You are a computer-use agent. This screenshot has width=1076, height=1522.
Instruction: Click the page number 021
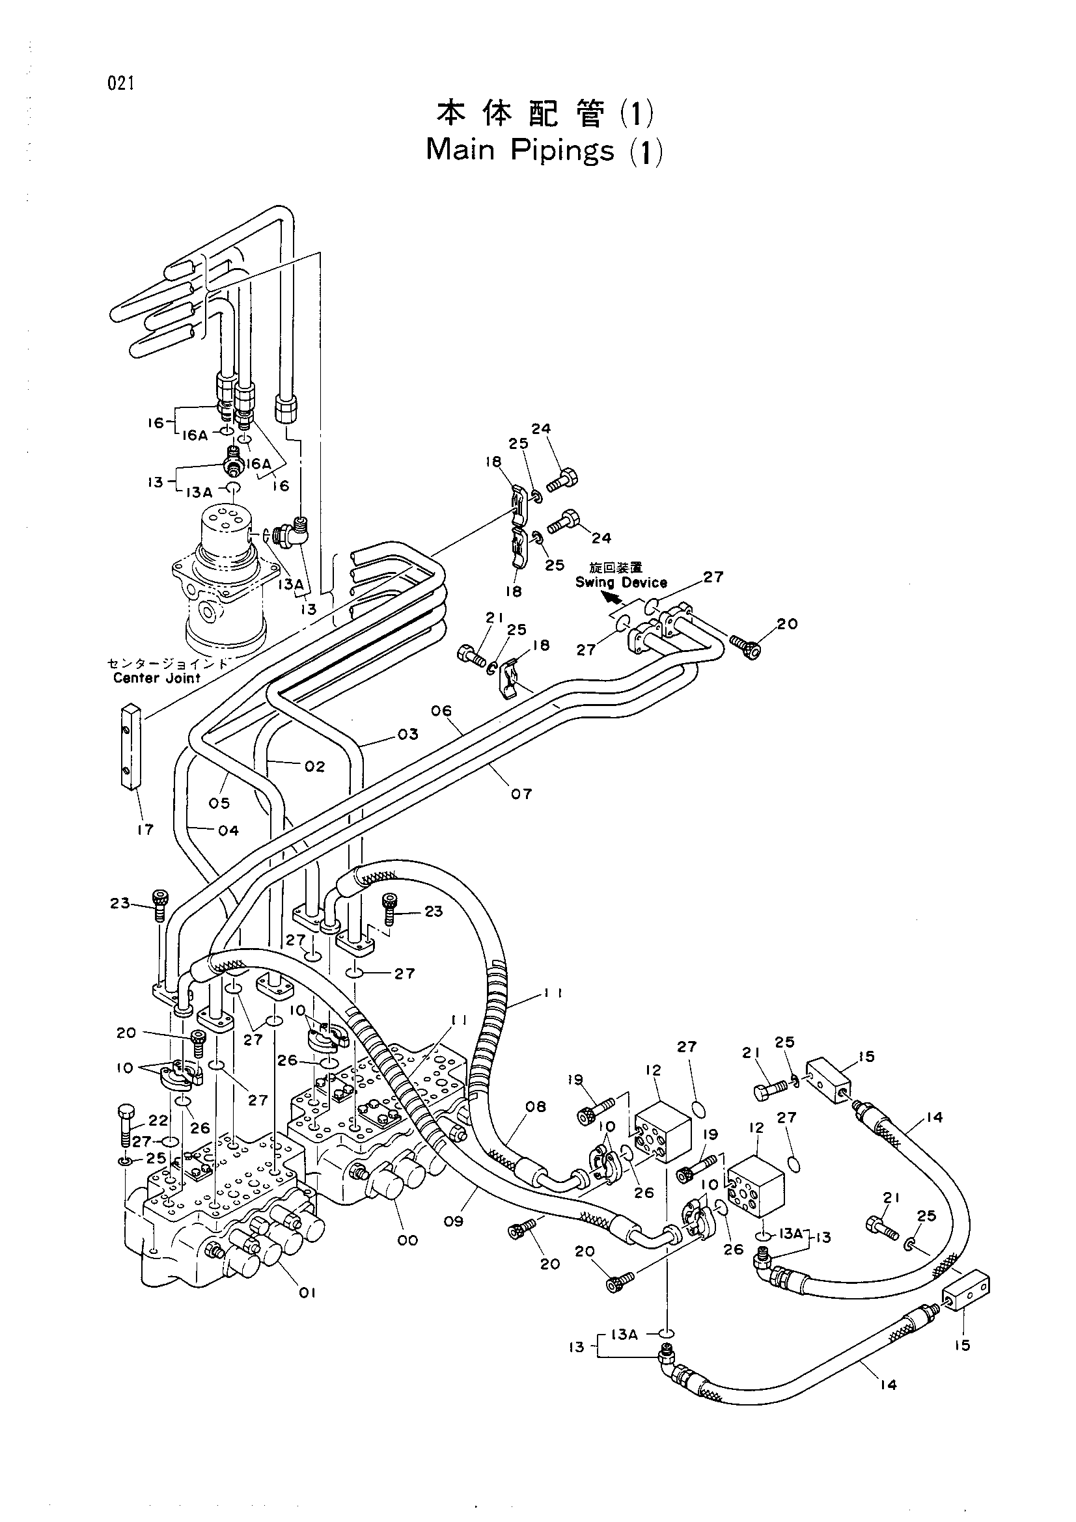tap(119, 83)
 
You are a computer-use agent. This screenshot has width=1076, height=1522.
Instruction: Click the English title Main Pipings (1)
tap(544, 151)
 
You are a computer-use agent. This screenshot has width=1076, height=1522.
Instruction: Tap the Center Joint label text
tap(156, 677)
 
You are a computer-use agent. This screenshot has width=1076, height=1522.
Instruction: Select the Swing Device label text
tap(620, 582)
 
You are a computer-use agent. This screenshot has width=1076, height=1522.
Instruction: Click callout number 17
tap(145, 829)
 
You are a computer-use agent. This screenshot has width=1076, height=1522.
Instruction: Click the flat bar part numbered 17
tap(130, 745)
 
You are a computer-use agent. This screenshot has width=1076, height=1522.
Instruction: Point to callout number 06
tap(441, 711)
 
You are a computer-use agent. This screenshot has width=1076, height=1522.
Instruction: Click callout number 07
tap(521, 793)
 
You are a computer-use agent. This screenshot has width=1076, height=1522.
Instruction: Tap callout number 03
tap(408, 734)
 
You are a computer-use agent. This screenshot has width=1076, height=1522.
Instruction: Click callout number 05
tap(219, 804)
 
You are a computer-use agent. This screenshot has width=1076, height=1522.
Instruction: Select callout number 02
tap(315, 767)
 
